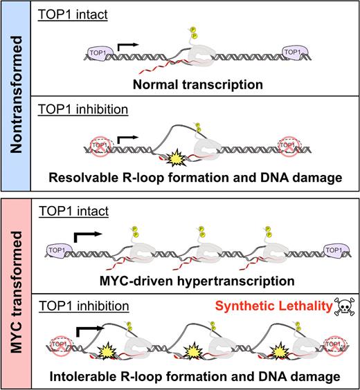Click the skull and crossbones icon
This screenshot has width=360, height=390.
click(340, 306)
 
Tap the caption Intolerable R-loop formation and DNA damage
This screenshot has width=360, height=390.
click(196, 378)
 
